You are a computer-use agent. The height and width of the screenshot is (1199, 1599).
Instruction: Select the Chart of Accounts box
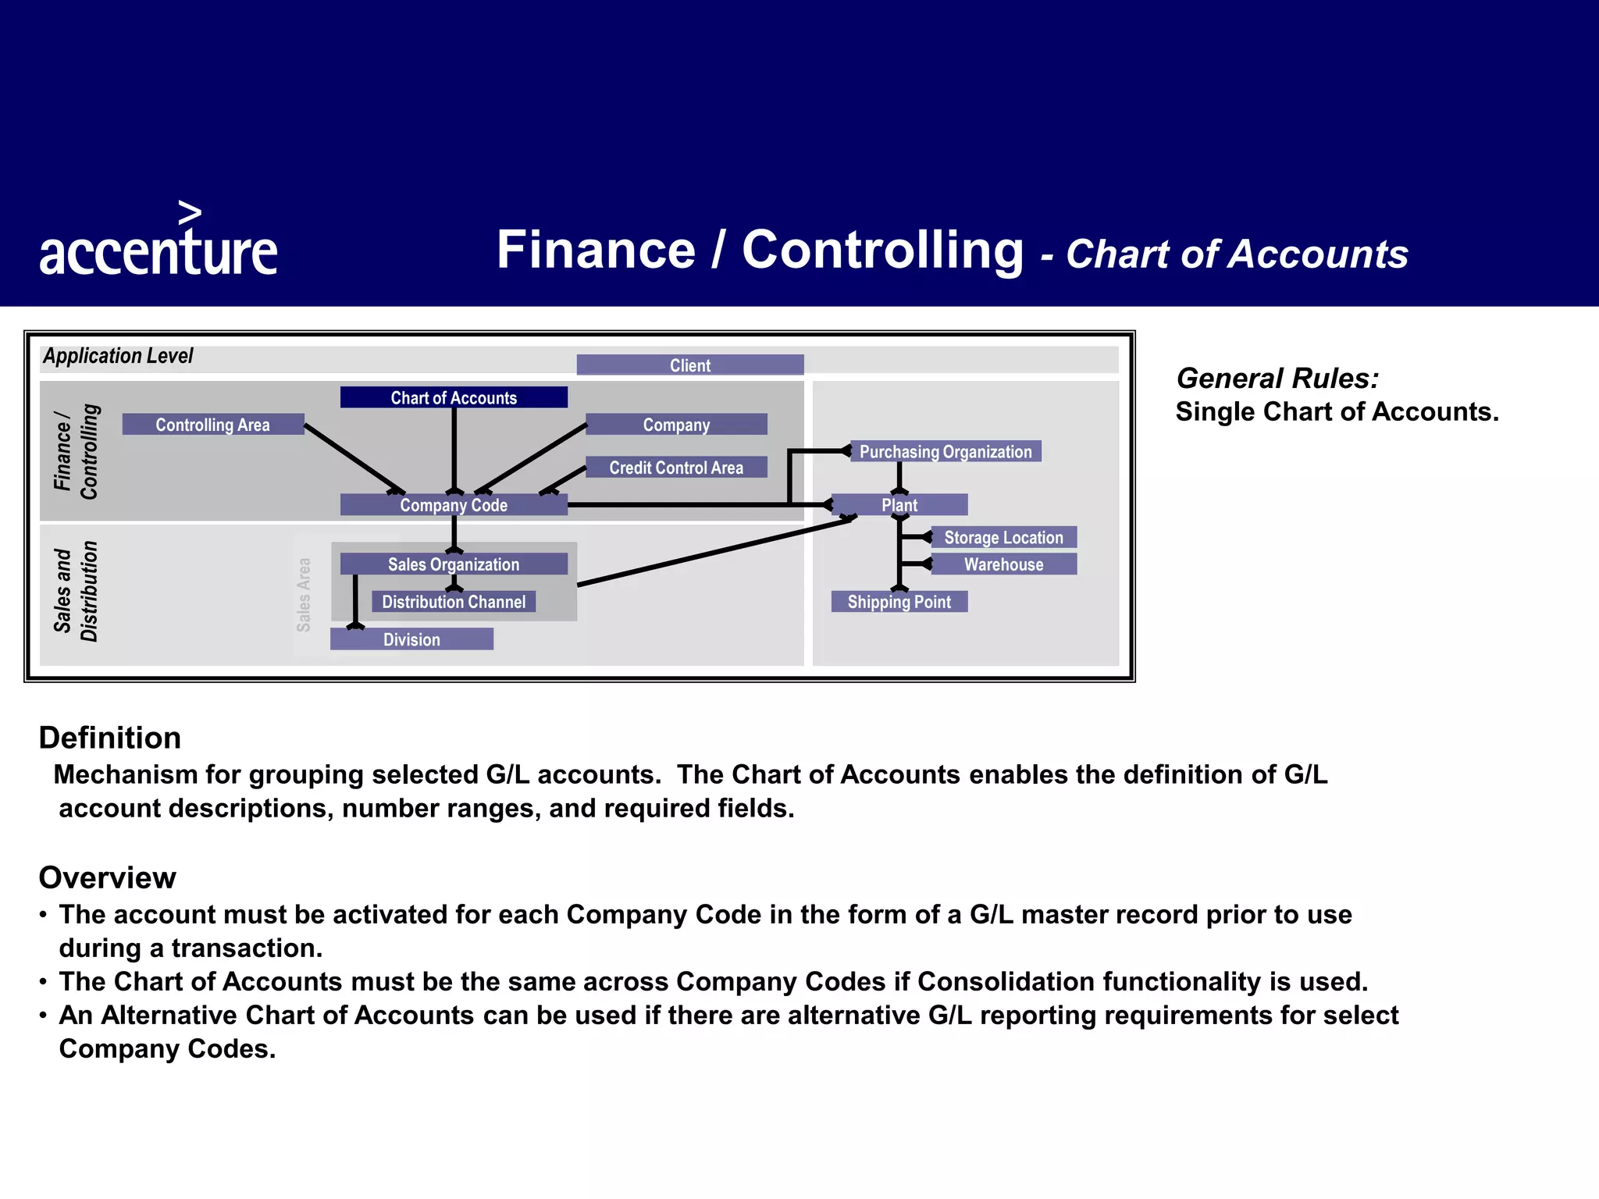tap(454, 397)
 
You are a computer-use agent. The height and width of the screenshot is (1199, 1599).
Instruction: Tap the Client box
tap(690, 365)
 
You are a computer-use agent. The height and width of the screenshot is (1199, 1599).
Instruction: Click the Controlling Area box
tap(212, 424)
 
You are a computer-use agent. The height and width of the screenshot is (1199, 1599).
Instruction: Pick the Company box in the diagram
tap(676, 424)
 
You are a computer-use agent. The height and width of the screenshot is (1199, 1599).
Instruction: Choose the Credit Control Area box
tap(676, 467)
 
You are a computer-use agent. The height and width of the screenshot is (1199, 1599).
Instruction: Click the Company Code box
tap(454, 504)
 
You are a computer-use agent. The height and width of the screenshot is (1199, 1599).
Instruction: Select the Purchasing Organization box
tap(946, 451)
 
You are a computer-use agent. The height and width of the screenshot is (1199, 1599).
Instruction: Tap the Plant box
tap(899, 504)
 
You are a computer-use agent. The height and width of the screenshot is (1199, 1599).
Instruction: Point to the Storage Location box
tap(1003, 537)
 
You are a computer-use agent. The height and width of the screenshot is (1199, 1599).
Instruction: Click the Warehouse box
tap(1003, 564)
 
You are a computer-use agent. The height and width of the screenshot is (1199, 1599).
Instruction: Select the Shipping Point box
tap(899, 601)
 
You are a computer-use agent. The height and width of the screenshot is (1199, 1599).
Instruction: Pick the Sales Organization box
tap(454, 564)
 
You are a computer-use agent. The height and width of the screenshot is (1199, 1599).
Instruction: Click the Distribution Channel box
tap(454, 601)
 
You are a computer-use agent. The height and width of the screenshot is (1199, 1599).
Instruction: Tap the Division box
tap(411, 639)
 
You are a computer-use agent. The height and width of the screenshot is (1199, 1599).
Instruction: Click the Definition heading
tap(110, 738)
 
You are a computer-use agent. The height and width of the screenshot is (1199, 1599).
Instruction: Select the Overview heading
tap(108, 877)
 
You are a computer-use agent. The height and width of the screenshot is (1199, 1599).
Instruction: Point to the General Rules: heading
tap(1277, 378)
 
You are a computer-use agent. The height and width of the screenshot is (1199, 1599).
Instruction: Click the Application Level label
tap(118, 356)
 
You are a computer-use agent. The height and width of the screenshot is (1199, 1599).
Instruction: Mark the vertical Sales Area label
tap(304, 594)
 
